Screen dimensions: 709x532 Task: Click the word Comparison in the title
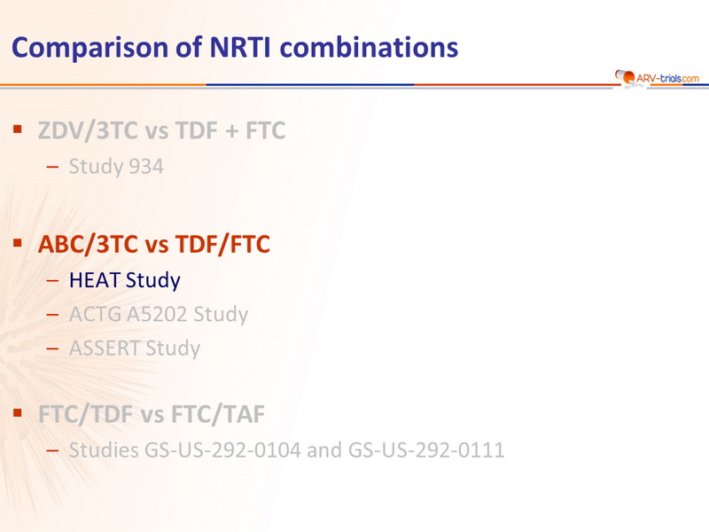(90, 48)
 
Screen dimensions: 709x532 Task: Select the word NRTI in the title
(240, 47)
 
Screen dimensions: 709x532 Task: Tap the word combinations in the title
(369, 47)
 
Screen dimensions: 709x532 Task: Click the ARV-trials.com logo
(657, 78)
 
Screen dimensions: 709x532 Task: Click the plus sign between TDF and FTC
(231, 131)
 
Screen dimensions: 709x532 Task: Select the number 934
(145, 167)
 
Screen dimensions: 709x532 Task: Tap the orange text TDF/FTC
(222, 245)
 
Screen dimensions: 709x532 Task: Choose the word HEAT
(95, 280)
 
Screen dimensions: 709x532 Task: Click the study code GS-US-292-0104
(222, 450)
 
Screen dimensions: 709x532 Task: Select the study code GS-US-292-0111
(426, 450)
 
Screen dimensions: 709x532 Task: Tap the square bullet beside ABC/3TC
(18, 243)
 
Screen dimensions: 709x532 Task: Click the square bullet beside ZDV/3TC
(18, 129)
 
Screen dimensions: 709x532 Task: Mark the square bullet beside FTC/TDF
(18, 412)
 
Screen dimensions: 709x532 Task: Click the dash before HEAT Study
(52, 280)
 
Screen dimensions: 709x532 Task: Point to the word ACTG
(95, 314)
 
